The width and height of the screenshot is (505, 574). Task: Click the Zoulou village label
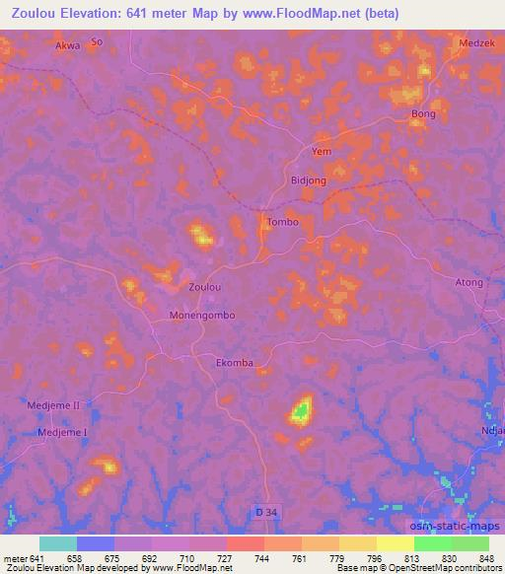coord(205,287)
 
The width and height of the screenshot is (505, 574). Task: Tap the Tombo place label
coord(282,223)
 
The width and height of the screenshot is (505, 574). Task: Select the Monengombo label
coord(202,316)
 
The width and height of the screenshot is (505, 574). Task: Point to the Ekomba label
coord(235,363)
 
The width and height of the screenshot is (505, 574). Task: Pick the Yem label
coord(322,151)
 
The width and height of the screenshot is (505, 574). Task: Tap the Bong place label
coord(423,114)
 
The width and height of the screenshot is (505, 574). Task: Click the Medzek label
coord(475,43)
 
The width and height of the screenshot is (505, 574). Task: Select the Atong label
coord(469,282)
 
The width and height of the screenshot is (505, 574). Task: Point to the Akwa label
coord(68,45)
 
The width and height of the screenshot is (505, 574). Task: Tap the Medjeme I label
coord(63,433)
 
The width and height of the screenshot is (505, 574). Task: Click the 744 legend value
coord(262,557)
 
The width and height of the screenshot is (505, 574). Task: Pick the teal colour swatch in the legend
coord(58,543)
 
